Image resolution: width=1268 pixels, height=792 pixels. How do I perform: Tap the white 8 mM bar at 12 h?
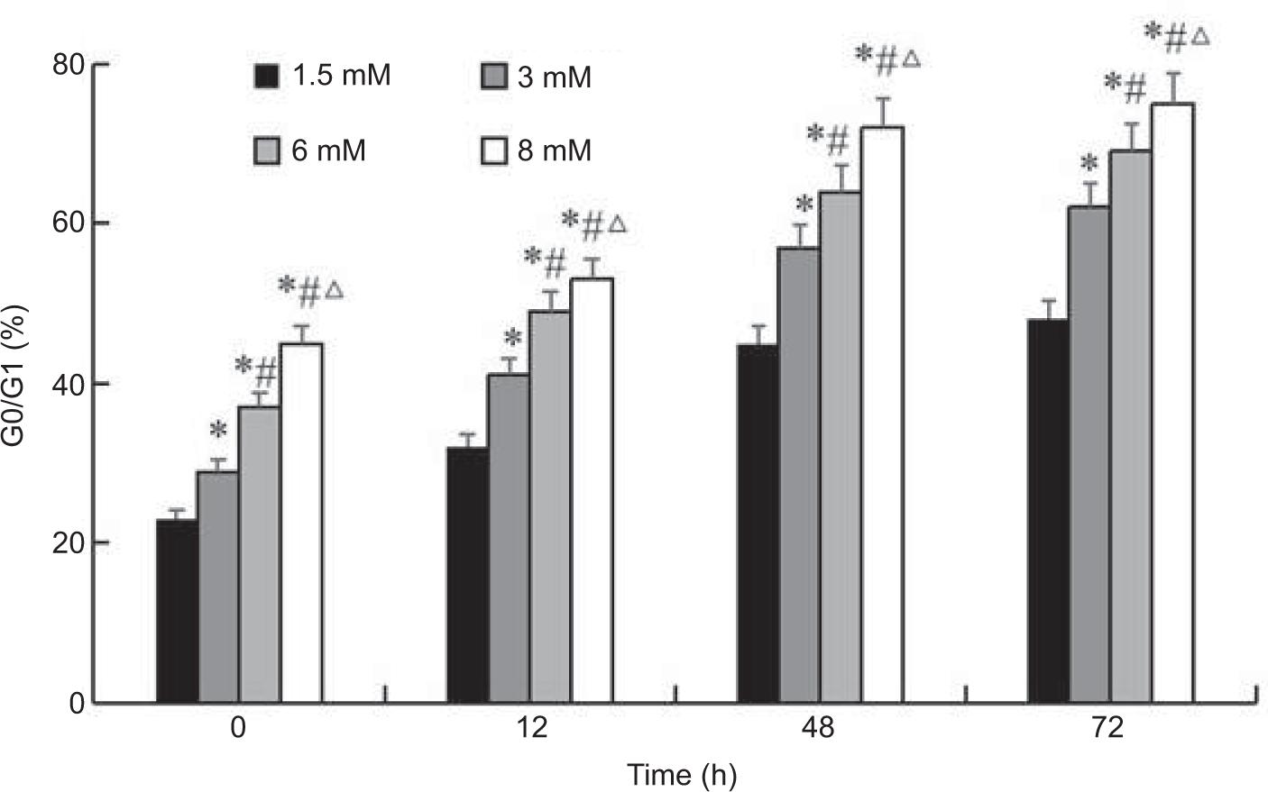click(x=592, y=490)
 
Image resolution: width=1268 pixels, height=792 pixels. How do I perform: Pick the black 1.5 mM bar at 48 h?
click(x=758, y=523)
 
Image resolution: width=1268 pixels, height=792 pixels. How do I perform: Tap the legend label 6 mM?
click(x=328, y=150)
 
